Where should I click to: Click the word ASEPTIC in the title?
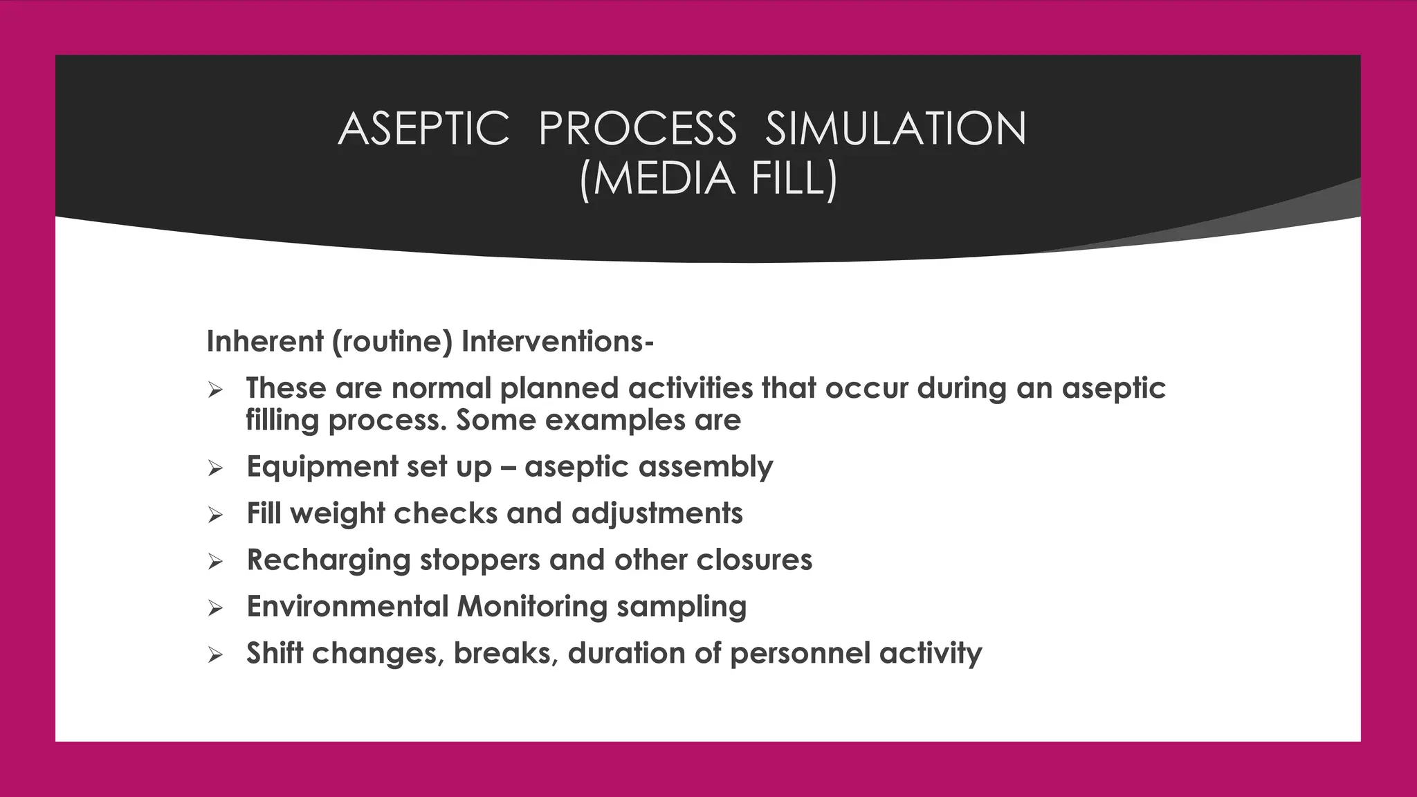click(423, 129)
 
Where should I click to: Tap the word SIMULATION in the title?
click(895, 129)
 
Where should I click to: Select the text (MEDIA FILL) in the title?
click(708, 179)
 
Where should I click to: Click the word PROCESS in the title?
click(637, 129)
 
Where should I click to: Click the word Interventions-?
click(557, 342)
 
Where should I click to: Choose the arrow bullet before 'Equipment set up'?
click(215, 469)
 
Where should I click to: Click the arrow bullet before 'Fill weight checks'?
click(215, 515)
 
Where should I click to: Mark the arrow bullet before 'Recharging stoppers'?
click(215, 562)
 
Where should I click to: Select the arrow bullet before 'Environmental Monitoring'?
click(215, 609)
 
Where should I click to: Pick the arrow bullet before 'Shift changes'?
click(215, 655)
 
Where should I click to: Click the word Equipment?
click(322, 468)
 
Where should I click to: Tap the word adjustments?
click(657, 514)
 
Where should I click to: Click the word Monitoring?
click(531, 607)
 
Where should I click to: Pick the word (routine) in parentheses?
click(392, 342)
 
